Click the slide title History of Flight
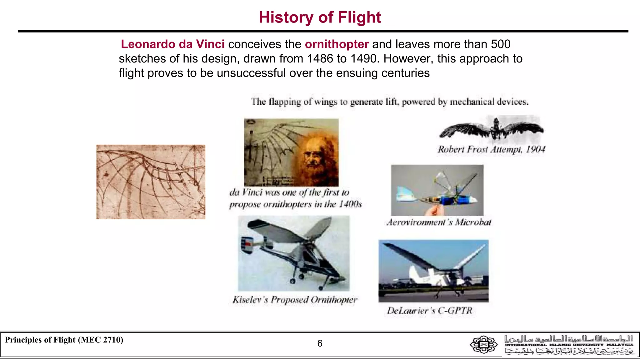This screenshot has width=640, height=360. pos(320,17)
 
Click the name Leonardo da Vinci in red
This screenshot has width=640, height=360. pos(172,44)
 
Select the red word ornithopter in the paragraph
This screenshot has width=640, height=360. pos(337,44)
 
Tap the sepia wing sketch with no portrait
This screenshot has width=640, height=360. pos(151,182)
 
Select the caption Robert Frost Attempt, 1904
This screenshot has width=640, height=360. pos(491,149)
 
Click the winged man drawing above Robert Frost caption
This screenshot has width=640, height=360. pos(492,129)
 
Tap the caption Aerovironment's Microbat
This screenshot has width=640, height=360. pos(438,222)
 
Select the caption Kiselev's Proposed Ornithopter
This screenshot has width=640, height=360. pos(295,300)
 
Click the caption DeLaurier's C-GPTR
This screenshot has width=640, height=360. pos(430,311)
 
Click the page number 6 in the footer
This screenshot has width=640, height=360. pos(320,343)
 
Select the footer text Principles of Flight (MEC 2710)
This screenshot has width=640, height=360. pos(64,340)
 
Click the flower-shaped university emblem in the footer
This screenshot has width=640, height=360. pos(483,344)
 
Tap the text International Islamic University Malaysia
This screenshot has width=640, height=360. pos(569,345)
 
